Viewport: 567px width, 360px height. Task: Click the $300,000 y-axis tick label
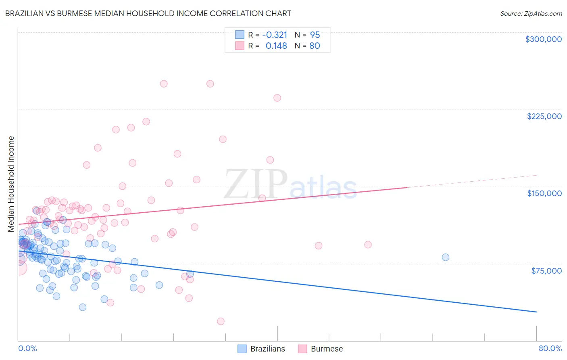tap(543, 39)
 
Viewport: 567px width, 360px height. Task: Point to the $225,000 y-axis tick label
tap(544, 116)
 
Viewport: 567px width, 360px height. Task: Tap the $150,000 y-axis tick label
tap(544, 193)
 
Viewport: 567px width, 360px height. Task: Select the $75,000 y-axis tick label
tap(546, 271)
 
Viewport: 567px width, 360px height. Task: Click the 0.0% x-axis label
tap(27, 348)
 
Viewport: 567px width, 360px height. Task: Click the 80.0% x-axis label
tap(550, 348)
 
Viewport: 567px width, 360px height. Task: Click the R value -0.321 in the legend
tap(275, 35)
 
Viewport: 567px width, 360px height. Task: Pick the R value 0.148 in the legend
tap(276, 46)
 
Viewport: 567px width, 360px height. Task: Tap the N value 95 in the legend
tap(315, 35)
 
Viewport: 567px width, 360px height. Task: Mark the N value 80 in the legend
tap(315, 46)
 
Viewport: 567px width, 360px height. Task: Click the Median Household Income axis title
tap(11, 184)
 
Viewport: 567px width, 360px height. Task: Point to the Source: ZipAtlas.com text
tap(531, 13)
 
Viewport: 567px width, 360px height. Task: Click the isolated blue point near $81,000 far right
tap(445, 257)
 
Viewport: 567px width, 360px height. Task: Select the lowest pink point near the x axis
tap(221, 321)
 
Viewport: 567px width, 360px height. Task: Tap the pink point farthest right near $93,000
tap(368, 245)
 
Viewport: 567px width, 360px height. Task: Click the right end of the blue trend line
tap(536, 312)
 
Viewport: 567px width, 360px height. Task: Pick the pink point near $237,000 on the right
tap(277, 98)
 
